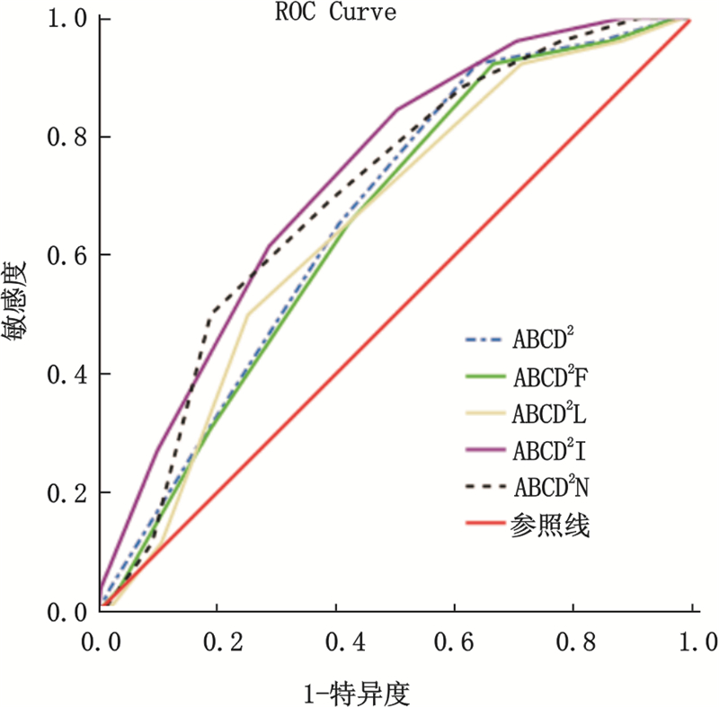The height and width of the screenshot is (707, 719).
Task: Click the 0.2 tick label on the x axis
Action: click(x=218, y=644)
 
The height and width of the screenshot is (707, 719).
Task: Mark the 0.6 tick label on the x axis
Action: click(x=455, y=644)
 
